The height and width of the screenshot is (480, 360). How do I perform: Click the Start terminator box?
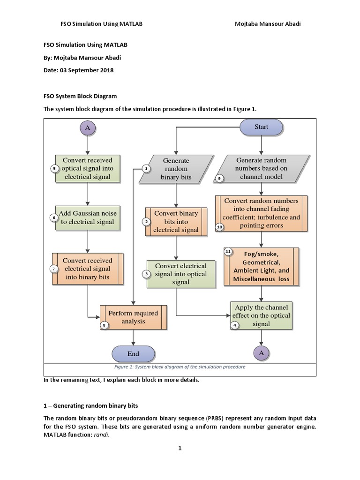[261, 127]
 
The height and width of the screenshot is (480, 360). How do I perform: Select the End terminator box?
[133, 354]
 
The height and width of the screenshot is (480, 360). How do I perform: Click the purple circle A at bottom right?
[262, 353]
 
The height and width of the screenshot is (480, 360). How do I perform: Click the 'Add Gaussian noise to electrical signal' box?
[88, 217]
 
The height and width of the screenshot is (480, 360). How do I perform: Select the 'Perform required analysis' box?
[133, 317]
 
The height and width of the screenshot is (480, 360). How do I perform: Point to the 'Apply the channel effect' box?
[262, 316]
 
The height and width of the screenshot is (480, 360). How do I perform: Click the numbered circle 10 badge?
[220, 227]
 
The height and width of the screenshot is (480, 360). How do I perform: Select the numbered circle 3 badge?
[146, 274]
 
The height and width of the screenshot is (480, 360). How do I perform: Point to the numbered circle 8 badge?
[104, 325]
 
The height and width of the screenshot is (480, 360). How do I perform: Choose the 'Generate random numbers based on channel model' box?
[261, 169]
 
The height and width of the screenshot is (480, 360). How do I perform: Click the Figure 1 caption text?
[180, 367]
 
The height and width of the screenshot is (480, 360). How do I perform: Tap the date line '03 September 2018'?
[78, 70]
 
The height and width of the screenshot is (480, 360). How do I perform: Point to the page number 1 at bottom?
[180, 448]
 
